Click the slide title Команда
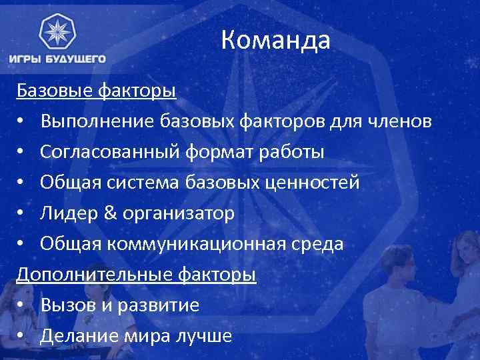(275, 41)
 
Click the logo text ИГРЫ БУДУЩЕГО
(57, 59)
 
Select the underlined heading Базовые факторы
(97, 90)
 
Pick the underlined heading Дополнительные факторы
(137, 274)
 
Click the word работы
(292, 152)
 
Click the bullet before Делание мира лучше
(22, 337)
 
